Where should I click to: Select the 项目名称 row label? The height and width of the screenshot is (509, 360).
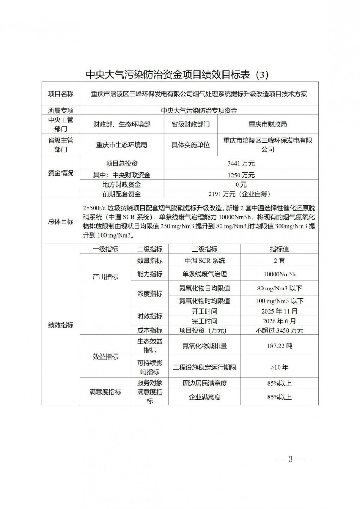pyautogui.click(x=60, y=94)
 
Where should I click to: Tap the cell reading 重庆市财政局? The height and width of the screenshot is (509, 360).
pyautogui.click(x=267, y=124)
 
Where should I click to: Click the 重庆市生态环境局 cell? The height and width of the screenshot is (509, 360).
pyautogui.click(x=121, y=145)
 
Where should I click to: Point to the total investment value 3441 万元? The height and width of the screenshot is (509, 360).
pyautogui.click(x=241, y=163)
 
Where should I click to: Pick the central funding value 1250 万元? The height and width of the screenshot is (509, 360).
pyautogui.click(x=241, y=175)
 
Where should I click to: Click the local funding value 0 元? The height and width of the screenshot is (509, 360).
pyautogui.click(x=241, y=185)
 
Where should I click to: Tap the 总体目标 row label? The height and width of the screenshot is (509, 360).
pyautogui.click(x=60, y=221)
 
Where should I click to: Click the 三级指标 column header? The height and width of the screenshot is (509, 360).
pyautogui.click(x=204, y=249)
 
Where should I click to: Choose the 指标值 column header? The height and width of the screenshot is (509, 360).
pyautogui.click(x=279, y=249)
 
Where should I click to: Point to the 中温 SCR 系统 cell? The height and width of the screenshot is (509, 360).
pyautogui.click(x=204, y=261)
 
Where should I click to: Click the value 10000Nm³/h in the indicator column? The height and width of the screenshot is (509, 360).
pyautogui.click(x=279, y=274)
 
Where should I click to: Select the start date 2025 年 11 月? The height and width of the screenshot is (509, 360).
pyautogui.click(x=279, y=311)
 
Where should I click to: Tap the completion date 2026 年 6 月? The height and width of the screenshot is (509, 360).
pyautogui.click(x=279, y=321)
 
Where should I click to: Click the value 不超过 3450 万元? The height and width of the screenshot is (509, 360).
pyautogui.click(x=279, y=330)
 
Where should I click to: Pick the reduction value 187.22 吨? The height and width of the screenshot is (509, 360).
pyautogui.click(x=279, y=346)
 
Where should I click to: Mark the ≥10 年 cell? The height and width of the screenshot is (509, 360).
pyautogui.click(x=279, y=368)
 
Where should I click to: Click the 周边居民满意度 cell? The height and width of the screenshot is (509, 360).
pyautogui.click(x=204, y=383)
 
